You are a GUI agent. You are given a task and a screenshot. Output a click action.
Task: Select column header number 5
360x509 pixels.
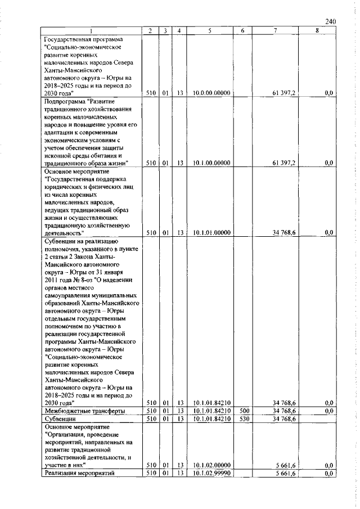pyautogui.click(x=209, y=31)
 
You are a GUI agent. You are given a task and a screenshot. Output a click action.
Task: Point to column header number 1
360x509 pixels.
pyautogui.click(x=91, y=31)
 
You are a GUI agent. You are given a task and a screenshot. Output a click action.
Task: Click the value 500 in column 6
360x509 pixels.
pyautogui.click(x=242, y=411)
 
